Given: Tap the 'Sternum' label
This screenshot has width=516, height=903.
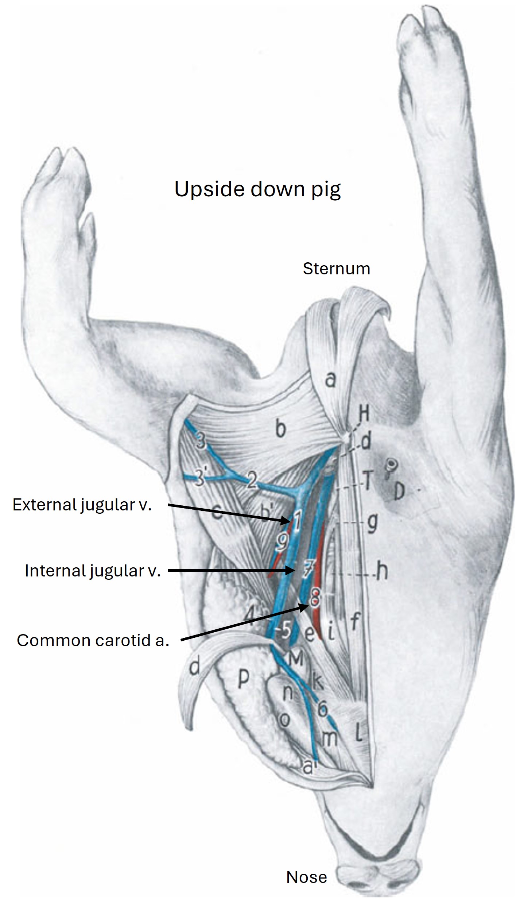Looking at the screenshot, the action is tap(336, 269).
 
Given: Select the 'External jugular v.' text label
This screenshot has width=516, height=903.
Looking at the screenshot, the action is tap(82, 505).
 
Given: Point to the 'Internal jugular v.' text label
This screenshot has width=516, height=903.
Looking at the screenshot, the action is tap(93, 570).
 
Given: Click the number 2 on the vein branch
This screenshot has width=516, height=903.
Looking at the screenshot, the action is tap(251, 482).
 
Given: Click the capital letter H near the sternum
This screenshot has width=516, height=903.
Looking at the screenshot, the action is tap(364, 414).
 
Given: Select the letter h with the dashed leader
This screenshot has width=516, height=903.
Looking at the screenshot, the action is tap(382, 572).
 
